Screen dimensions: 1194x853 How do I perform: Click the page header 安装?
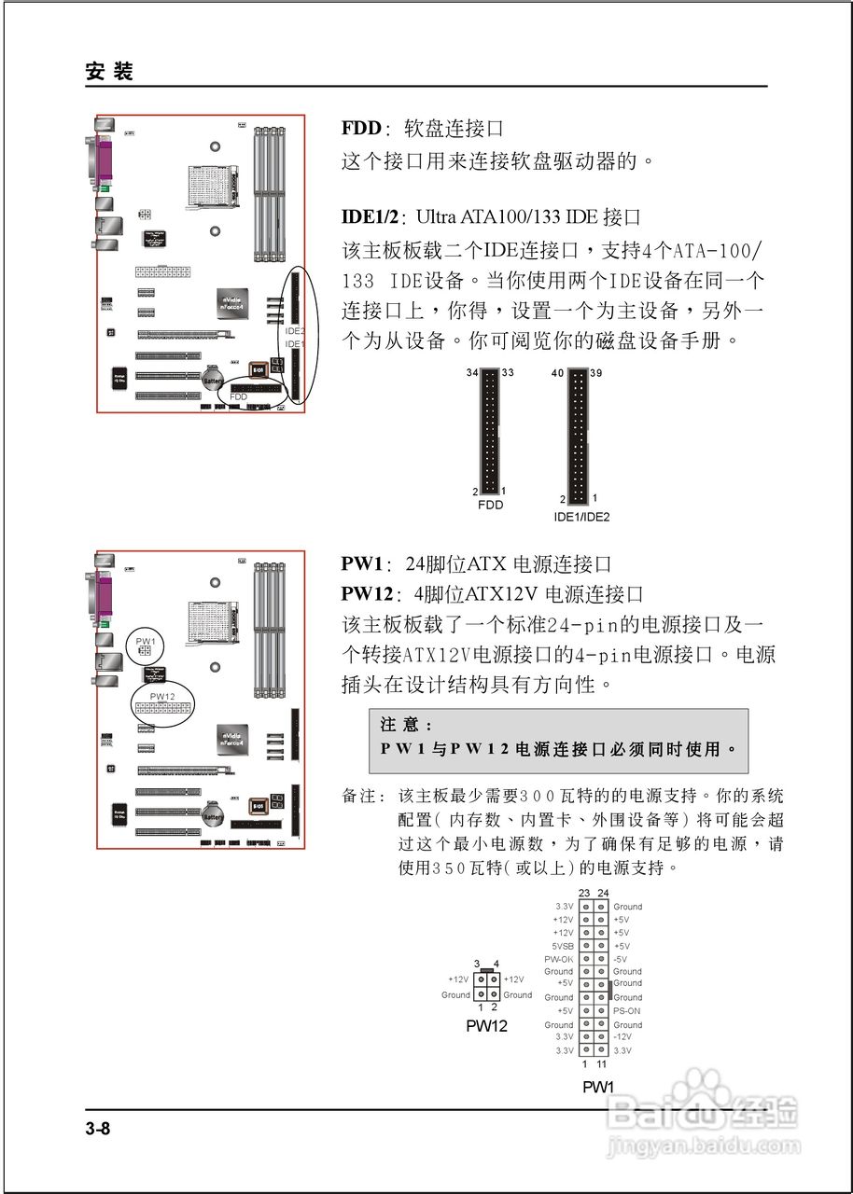coord(109,72)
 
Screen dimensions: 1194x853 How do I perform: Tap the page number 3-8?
coord(98,1130)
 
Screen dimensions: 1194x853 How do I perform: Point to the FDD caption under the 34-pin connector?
coord(490,505)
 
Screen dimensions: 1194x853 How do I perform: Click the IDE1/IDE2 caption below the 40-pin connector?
coord(581,516)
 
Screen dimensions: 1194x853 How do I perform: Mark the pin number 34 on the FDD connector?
coord(471,373)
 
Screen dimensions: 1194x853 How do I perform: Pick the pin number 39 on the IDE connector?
coord(598,373)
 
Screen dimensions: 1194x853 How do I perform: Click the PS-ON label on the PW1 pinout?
coord(626,1011)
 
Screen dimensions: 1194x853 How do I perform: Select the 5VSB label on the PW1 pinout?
coord(562,946)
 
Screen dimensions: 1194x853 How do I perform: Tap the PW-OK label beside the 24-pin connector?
coord(559,959)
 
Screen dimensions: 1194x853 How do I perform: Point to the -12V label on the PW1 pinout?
coord(622,1037)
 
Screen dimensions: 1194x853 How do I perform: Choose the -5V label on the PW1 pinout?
coord(620,959)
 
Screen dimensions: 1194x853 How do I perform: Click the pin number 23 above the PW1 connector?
coord(584,893)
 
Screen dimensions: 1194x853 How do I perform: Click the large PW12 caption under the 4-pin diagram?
coord(486,1026)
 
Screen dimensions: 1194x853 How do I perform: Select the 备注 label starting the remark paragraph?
coord(363,797)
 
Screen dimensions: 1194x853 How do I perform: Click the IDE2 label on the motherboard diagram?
coord(295,331)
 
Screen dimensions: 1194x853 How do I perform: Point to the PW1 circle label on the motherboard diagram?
coord(145,641)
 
